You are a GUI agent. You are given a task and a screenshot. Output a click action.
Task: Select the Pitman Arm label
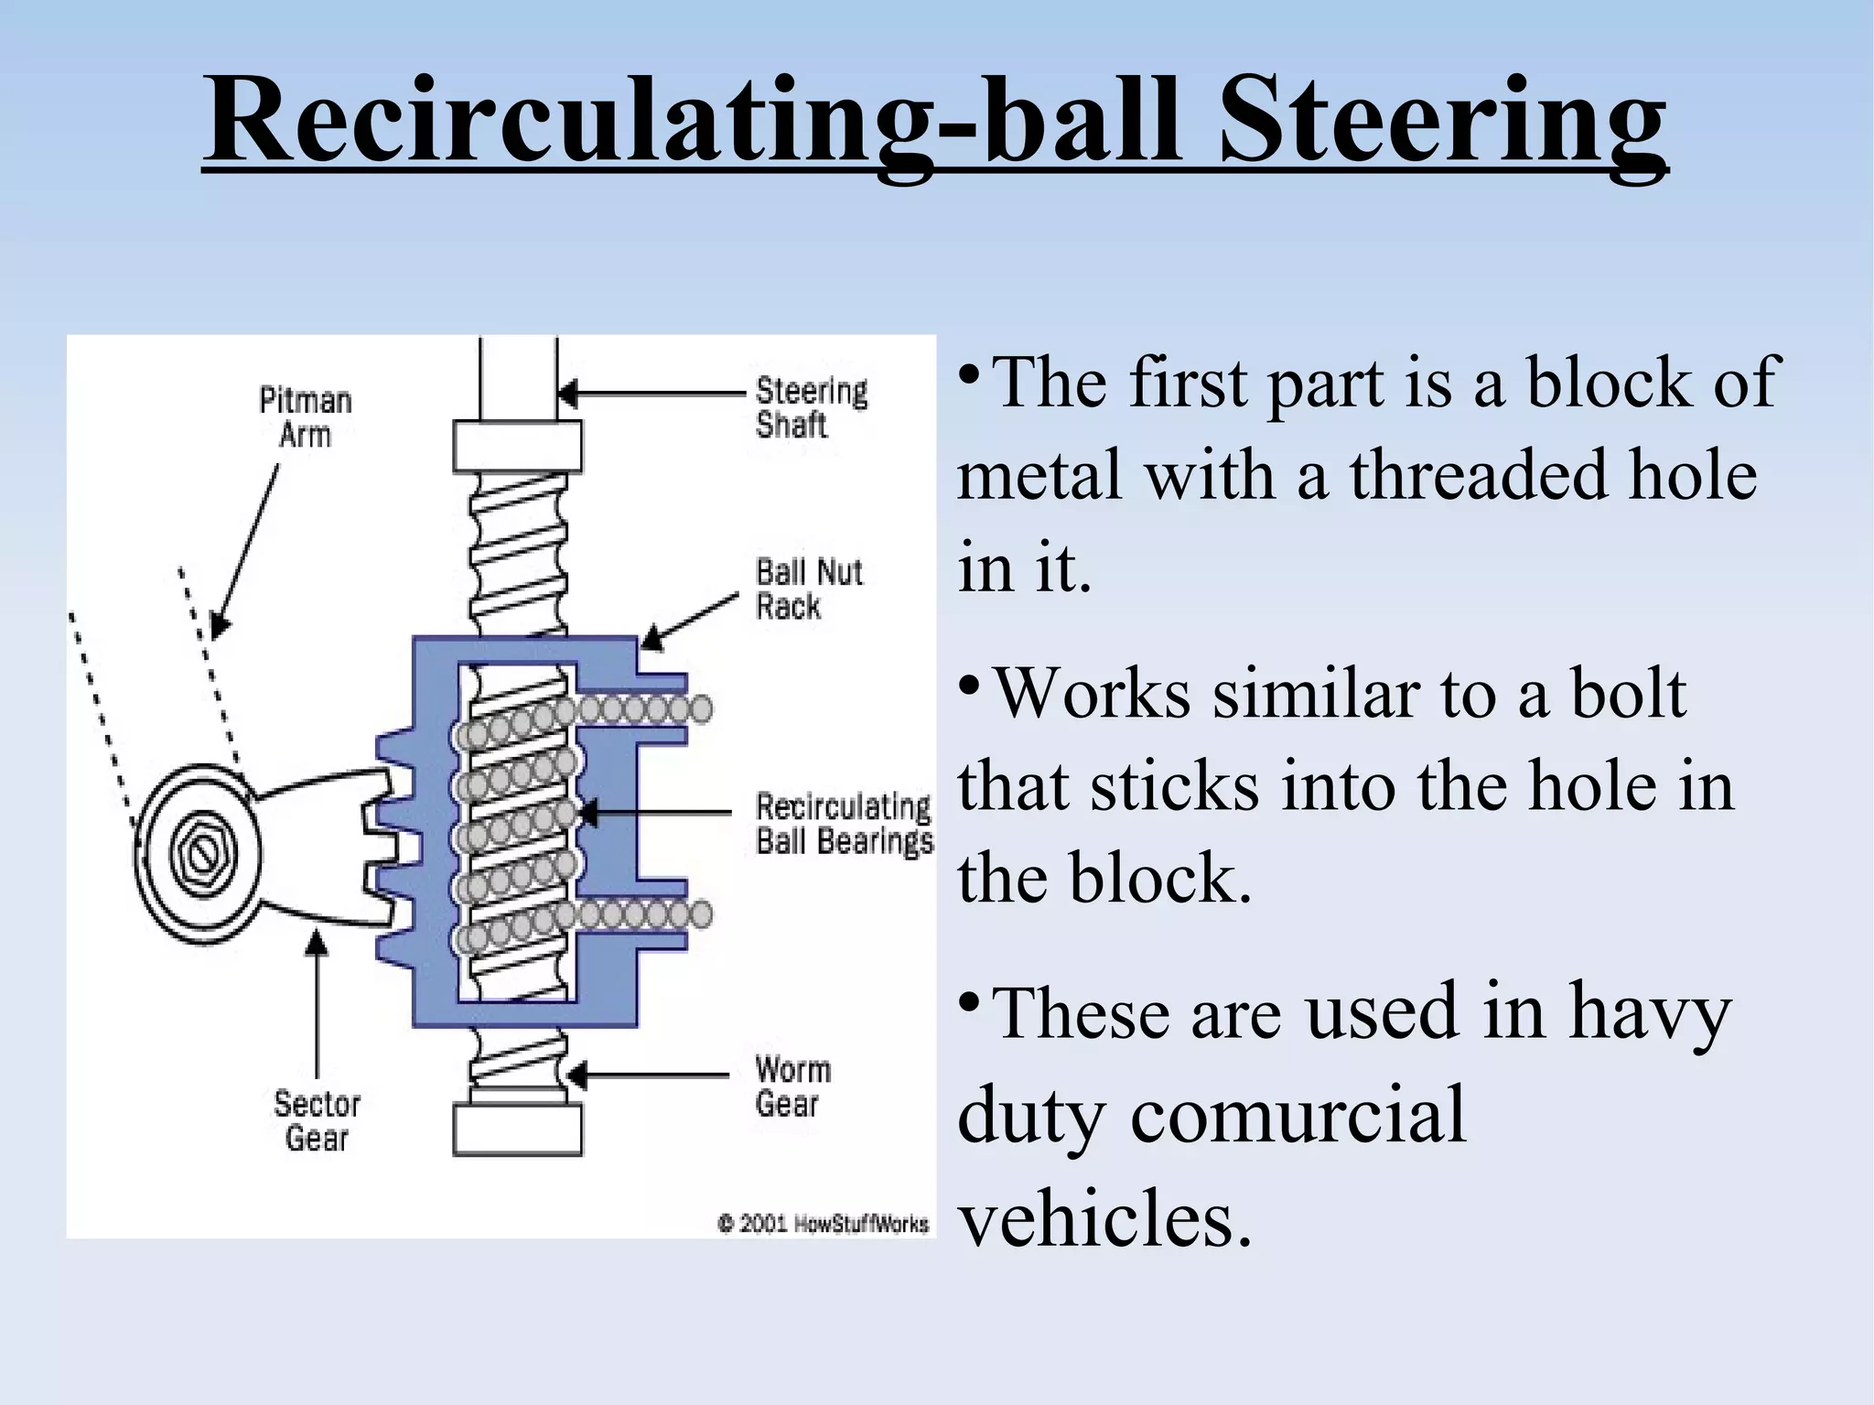(x=305, y=417)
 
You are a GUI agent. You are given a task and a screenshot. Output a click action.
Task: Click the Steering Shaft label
(x=811, y=408)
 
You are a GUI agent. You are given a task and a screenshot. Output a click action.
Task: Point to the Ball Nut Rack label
(x=808, y=589)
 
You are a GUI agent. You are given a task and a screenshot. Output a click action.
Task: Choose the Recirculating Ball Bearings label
(x=844, y=824)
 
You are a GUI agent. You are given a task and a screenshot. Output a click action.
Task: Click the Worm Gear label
(x=792, y=1086)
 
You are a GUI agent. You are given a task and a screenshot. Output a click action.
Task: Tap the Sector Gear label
(x=317, y=1121)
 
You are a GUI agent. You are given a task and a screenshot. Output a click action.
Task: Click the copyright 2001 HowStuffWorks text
(x=823, y=1224)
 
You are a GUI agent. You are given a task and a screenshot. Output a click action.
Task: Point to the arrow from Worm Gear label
(x=650, y=1074)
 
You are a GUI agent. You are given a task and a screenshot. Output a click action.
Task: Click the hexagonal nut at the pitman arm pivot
(x=199, y=855)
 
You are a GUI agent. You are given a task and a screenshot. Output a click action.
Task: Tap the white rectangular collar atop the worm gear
(x=517, y=446)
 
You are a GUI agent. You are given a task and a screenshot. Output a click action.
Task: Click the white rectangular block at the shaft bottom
(x=517, y=1129)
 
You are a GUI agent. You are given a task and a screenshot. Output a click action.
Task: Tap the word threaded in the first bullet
(x=1505, y=476)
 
